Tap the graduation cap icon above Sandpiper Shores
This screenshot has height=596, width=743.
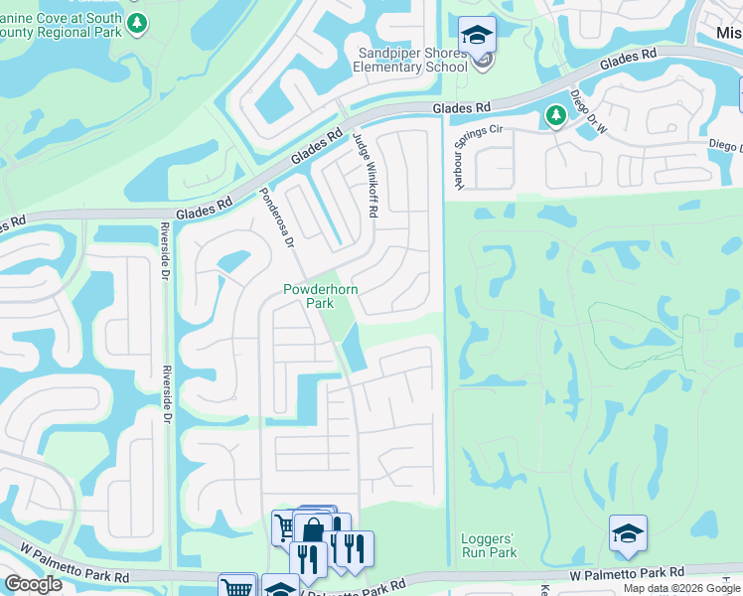477,35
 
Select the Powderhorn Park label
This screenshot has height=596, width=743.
319,296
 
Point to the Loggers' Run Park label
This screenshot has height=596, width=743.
490,545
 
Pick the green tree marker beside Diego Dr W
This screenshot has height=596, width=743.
554,117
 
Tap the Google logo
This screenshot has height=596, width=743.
33,584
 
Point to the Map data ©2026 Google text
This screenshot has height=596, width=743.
680,588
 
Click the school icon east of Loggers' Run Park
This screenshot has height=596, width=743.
628,533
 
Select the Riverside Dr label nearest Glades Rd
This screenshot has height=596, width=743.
165,253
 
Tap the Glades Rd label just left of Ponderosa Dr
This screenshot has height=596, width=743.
203,209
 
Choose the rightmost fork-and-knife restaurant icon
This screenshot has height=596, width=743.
355,548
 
